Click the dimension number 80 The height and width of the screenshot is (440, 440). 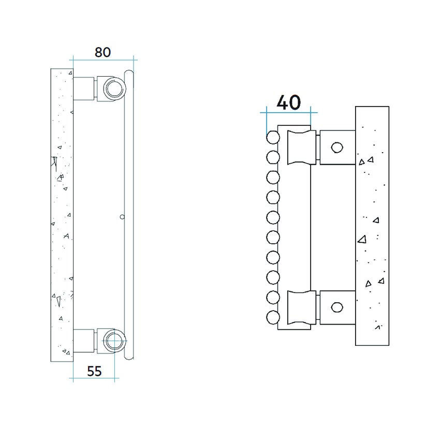[102, 52]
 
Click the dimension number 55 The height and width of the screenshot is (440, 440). [94, 371]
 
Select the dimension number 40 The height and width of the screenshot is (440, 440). [288, 102]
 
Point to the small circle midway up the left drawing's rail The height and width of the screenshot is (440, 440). [122, 217]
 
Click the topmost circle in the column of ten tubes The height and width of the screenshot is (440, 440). [273, 137]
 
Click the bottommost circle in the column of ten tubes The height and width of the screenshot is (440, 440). [273, 317]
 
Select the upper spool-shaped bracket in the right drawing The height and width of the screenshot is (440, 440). [302, 147]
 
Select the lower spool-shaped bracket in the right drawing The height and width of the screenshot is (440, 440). [302, 307]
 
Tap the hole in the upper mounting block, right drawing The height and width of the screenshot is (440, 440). [337, 148]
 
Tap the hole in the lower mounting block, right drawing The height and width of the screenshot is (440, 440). [337, 307]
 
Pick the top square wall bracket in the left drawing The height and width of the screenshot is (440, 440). [84, 88]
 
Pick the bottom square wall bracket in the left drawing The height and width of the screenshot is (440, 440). [84, 341]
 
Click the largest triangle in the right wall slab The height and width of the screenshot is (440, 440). [362, 239]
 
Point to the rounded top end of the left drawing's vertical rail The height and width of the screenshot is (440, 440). [129, 72]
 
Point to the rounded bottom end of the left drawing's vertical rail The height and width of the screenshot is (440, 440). [129, 357]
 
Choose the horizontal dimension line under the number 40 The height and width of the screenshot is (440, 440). [288, 112]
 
